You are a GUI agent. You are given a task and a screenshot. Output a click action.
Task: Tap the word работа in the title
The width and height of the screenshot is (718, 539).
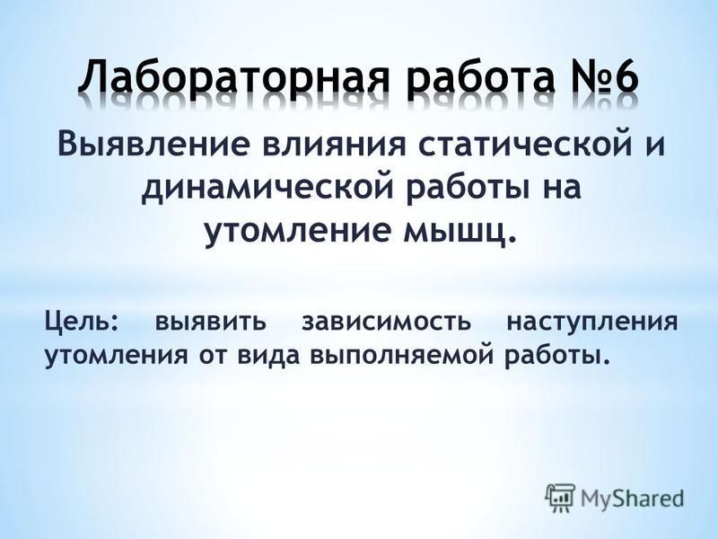(x=480, y=77)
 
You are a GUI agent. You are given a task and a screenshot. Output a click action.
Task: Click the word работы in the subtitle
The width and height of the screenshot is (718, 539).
(x=463, y=188)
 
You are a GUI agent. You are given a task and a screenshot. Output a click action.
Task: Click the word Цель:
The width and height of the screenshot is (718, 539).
(x=81, y=322)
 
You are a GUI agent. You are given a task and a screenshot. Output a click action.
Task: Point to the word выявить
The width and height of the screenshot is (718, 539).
(x=210, y=322)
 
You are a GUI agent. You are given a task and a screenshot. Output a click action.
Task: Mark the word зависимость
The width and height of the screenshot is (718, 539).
(x=386, y=322)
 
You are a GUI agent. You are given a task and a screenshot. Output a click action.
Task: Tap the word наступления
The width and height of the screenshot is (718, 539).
(x=591, y=323)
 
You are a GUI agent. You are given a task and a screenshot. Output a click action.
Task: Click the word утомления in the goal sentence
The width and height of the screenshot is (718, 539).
(x=116, y=357)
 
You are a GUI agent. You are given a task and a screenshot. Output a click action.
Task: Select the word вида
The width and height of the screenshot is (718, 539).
(x=268, y=356)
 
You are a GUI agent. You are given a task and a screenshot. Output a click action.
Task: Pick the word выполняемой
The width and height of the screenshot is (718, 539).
(x=402, y=356)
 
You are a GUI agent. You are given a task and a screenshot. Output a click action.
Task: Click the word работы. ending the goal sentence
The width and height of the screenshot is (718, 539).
(x=557, y=355)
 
